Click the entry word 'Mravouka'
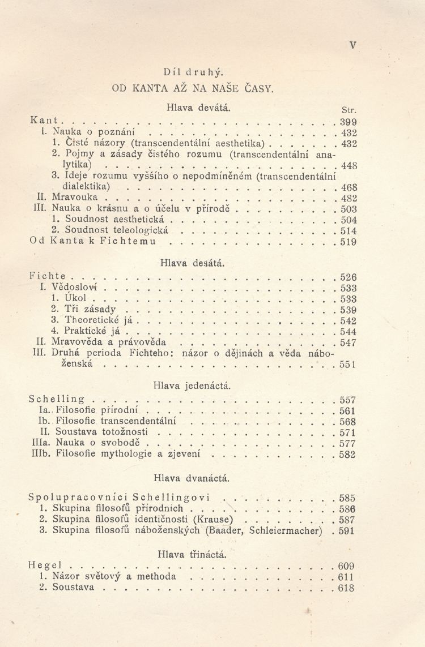click(75, 198)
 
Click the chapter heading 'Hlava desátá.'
click(193, 263)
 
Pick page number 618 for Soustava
click(346, 588)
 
